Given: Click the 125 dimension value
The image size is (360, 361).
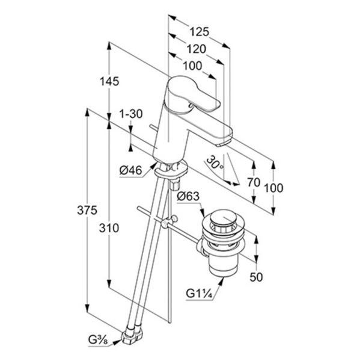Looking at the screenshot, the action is point(199,32).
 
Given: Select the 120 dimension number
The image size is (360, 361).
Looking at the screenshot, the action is point(196,49).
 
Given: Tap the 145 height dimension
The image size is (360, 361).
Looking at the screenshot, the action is point(109,81).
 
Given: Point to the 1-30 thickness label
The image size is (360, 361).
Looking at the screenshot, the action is point(131,114).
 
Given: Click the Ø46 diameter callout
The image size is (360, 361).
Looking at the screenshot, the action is point(130,171).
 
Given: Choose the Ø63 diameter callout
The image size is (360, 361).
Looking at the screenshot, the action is point(188,196).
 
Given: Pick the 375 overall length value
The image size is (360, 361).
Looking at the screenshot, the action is point(87,210).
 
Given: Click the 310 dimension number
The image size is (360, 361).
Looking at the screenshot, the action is point(109,228).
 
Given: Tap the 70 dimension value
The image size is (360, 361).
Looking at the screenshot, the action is point(254,182).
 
